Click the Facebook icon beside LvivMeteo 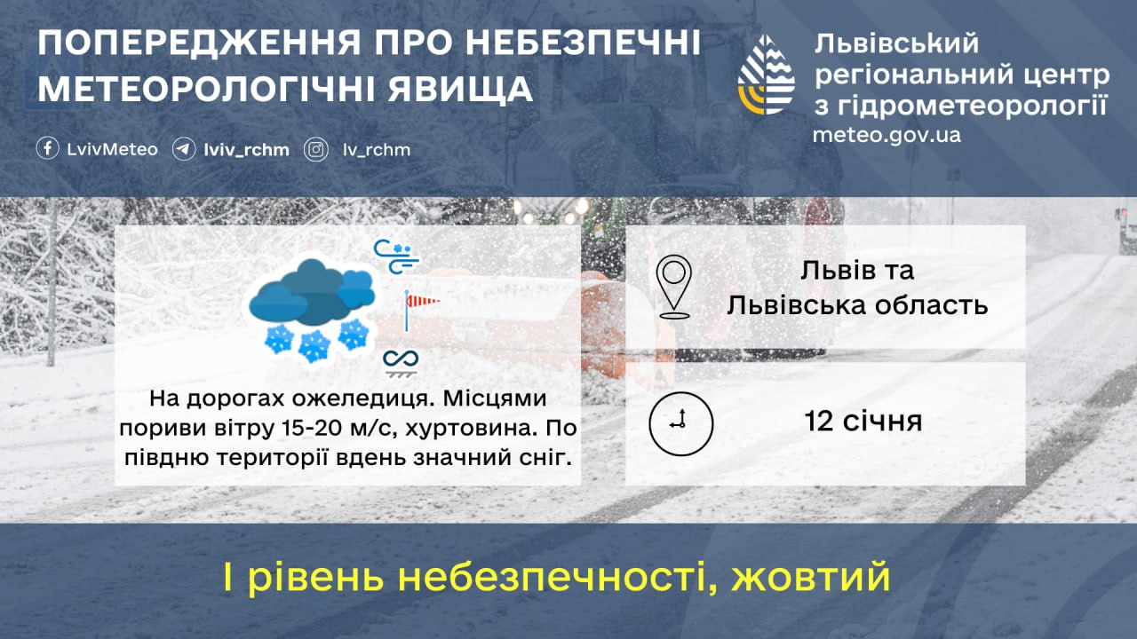48,149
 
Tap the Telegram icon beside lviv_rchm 184,149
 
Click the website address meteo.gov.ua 886,136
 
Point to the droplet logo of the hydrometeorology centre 767,75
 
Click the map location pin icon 674,287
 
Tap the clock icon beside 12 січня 680,422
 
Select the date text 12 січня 863,422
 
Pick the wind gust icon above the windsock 395,256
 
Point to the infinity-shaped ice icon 401,360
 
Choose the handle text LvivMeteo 112,149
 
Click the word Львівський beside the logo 896,43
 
